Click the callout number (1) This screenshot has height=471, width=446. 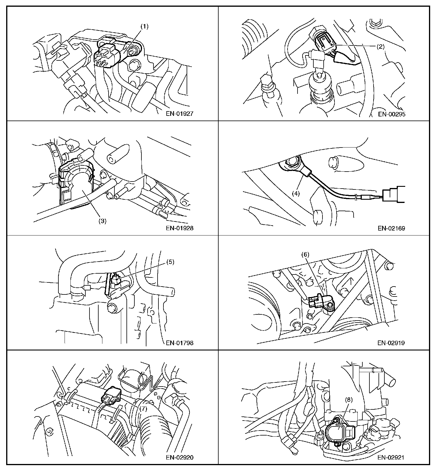pos(144,26)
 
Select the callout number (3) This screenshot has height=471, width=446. pos(102,221)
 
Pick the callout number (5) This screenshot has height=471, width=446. pos(170,262)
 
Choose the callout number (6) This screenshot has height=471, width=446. pos(305,255)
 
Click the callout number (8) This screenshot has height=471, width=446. pos(348,399)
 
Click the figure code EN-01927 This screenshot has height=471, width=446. pos(180,114)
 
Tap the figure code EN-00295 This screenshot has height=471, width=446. pos(391,114)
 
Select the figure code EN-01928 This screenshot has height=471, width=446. pos(180,228)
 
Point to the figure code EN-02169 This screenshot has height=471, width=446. pos(391,228)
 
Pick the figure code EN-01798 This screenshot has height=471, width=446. pos(180,343)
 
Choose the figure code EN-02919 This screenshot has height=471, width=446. pos(391,343)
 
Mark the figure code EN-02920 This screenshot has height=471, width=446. pos(180,457)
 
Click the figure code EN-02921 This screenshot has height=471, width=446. pos(391,457)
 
